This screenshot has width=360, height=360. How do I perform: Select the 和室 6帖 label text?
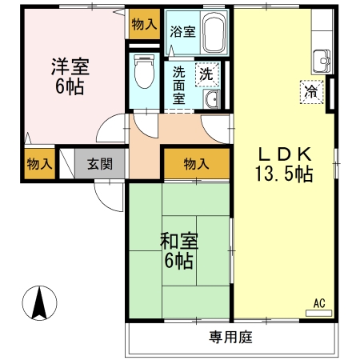[x=178, y=251]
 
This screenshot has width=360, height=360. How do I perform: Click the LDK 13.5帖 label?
[x=283, y=164]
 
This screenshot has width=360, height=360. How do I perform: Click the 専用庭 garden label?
[x=231, y=338]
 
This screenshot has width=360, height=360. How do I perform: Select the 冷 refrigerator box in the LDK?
[x=310, y=92]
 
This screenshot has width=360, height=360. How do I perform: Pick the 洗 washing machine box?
[x=206, y=74]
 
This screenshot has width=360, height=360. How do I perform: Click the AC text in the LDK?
[x=318, y=302]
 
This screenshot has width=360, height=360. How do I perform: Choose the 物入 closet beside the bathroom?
[x=144, y=25]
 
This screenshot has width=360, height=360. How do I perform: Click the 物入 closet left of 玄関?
[x=39, y=164]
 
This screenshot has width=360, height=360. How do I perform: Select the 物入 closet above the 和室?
[x=196, y=164]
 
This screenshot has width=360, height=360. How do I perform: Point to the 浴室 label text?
[x=183, y=33]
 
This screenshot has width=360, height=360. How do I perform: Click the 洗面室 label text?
[x=180, y=85]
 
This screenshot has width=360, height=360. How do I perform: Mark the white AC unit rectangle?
[x=318, y=313]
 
